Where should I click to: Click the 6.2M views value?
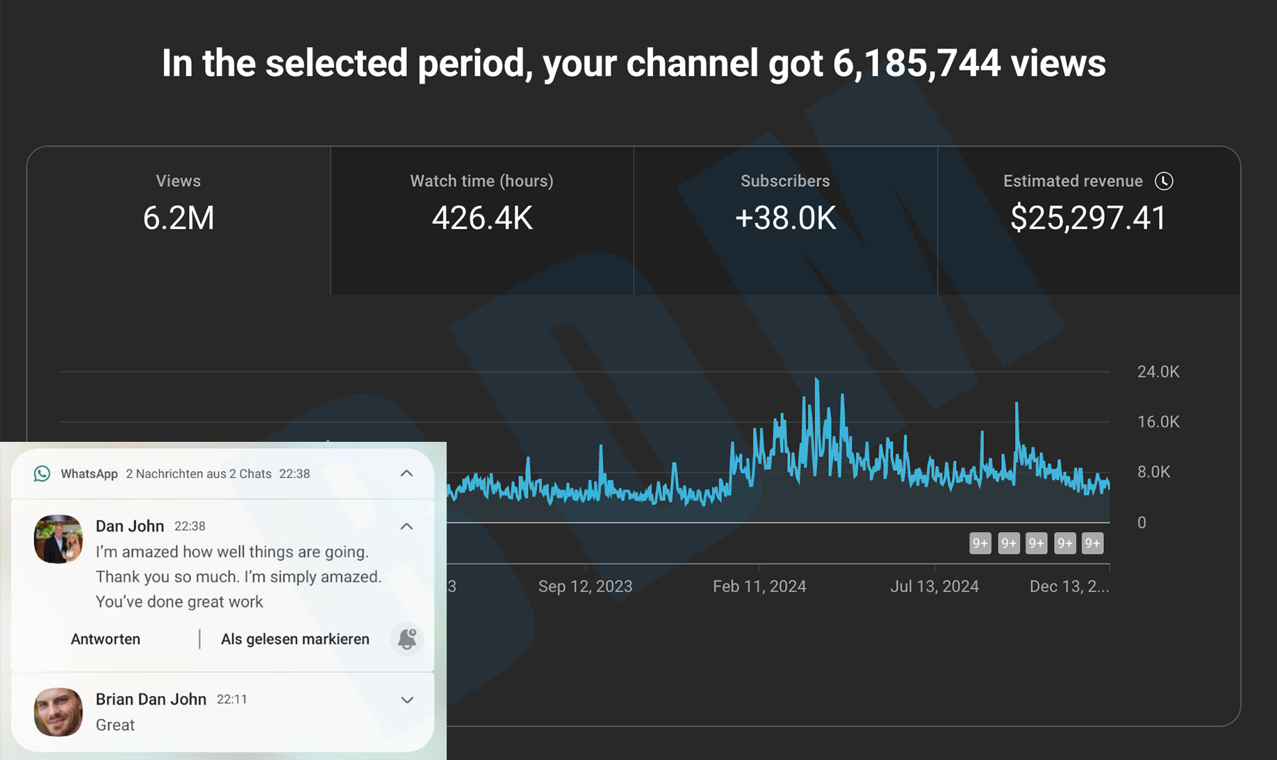(x=179, y=218)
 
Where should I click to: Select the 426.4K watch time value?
(x=481, y=218)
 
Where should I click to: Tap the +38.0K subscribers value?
(x=785, y=218)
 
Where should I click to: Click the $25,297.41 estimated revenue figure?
(x=1088, y=218)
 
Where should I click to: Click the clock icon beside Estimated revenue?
(x=1164, y=181)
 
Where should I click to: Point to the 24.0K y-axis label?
(x=1157, y=372)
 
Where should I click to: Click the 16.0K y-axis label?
(x=1157, y=422)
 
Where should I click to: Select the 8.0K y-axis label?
(x=1153, y=472)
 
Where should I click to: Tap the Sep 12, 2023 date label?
(x=585, y=586)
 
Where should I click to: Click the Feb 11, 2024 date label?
(x=759, y=586)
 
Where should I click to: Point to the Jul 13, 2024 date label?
(x=934, y=586)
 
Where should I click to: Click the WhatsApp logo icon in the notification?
(x=42, y=474)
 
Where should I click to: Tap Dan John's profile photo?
(x=58, y=539)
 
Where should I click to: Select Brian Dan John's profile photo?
(x=58, y=712)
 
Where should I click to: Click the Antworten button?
(x=106, y=639)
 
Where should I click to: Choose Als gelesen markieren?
(x=295, y=639)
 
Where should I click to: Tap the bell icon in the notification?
(x=407, y=639)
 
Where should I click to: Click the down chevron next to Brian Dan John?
(x=407, y=700)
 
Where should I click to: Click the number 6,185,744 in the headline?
(x=916, y=63)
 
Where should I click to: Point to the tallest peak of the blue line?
(x=817, y=379)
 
